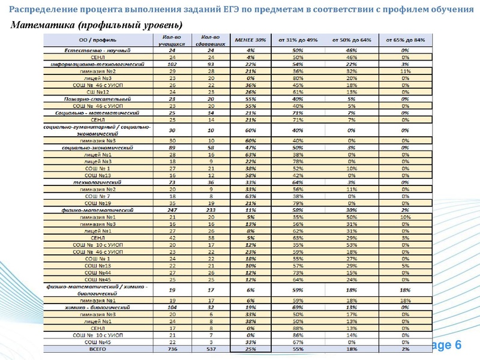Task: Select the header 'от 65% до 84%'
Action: [410, 40]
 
